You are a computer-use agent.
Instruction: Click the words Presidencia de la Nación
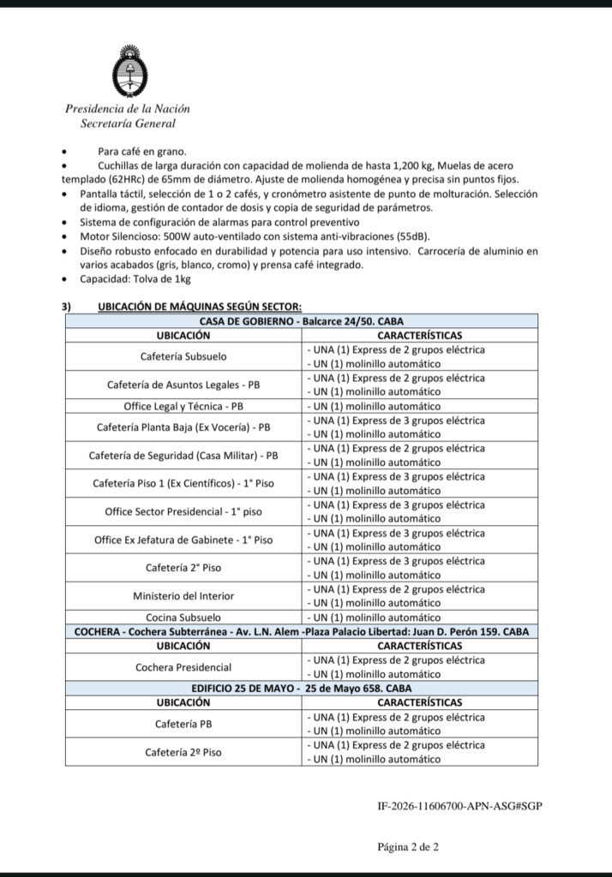point(128,109)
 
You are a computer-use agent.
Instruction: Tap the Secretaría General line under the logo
point(128,123)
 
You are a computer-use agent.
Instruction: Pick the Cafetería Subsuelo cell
point(183,356)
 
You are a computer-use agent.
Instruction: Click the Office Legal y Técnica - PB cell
point(183,406)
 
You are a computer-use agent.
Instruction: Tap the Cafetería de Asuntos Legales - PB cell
point(183,385)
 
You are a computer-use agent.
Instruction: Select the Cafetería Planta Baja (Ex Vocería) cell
point(183,427)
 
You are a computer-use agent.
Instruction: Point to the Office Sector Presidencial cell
point(183,511)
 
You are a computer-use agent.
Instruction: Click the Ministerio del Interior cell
point(183,595)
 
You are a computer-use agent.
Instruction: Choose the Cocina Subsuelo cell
point(183,617)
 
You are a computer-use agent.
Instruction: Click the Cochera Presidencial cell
point(183,666)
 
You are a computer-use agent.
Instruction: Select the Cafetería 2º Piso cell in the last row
point(183,752)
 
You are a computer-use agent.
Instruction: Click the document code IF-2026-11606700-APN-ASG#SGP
point(459,806)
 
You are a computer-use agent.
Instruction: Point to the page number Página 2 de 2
point(408,847)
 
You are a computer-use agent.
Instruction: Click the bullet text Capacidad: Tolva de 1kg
point(135,279)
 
